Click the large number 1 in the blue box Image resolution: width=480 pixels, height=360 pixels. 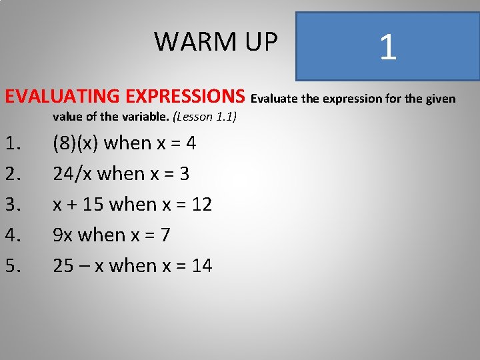point(387,47)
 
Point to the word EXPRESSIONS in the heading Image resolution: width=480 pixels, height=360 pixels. point(191,97)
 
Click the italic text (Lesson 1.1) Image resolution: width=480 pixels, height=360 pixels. point(205,117)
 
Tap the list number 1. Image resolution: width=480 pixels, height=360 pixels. point(13,143)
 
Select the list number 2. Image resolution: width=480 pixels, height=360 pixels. point(13,174)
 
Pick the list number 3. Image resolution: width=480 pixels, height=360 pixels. point(13,205)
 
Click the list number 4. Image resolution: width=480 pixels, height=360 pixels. point(13,235)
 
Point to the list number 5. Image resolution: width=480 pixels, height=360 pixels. point(13,266)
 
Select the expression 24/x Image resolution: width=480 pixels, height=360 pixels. point(73,174)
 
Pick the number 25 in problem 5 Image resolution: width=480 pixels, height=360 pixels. point(63,266)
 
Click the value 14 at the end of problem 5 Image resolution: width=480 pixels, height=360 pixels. point(201,266)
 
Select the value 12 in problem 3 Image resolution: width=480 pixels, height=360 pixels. point(201,205)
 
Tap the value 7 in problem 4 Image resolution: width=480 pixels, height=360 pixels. point(165,235)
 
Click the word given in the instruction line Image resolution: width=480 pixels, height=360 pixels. point(439,99)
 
